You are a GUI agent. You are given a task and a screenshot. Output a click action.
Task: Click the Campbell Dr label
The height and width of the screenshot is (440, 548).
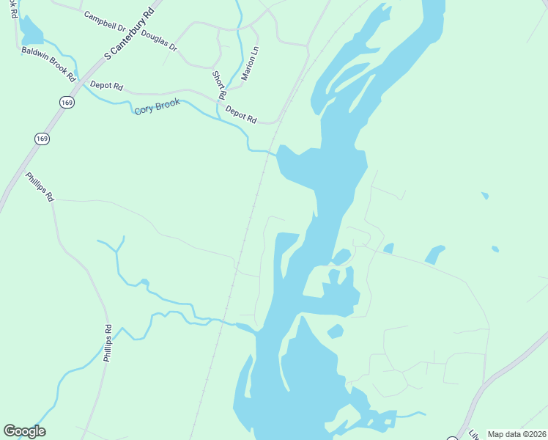click(105, 21)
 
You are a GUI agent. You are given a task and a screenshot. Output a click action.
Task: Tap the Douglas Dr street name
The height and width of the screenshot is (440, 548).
click(159, 40)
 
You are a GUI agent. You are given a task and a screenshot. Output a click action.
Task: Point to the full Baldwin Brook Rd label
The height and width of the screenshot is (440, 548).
click(49, 64)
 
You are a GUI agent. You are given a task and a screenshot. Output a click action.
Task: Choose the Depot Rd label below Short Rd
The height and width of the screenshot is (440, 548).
click(241, 114)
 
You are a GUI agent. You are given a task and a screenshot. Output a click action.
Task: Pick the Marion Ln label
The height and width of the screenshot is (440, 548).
click(250, 64)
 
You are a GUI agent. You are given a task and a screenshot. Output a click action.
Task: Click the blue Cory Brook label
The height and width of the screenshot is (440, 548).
click(157, 107)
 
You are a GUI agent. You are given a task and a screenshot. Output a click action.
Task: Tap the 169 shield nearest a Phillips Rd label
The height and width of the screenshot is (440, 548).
click(41, 138)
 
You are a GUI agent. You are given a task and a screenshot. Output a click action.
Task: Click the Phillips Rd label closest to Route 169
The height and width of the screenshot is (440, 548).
click(40, 187)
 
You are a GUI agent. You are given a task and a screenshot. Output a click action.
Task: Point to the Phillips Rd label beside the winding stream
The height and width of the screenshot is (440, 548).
click(108, 342)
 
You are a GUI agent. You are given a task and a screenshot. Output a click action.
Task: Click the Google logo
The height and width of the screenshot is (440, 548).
click(24, 431)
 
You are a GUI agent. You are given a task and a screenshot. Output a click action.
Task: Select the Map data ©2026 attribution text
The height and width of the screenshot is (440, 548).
click(517, 434)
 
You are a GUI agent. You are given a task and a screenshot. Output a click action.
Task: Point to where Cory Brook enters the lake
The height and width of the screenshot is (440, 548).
click(277, 154)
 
